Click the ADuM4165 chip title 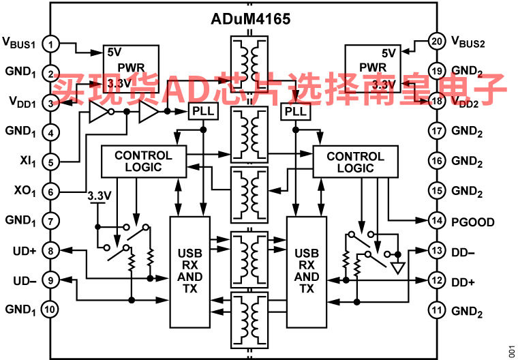click(x=250, y=19)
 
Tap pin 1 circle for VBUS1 click(x=50, y=44)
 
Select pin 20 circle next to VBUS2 click(x=437, y=42)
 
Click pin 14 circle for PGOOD click(x=437, y=221)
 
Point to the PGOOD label click(x=473, y=222)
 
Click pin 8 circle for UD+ click(x=50, y=251)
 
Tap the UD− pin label click(x=25, y=281)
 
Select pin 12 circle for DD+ click(x=437, y=281)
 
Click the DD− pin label click(x=463, y=252)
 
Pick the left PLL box click(x=203, y=111)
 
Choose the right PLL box click(x=296, y=111)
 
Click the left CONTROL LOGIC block click(x=144, y=162)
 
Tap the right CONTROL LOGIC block click(x=356, y=162)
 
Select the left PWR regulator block click(x=131, y=69)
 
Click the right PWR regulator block click(x=373, y=69)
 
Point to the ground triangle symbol click(x=398, y=268)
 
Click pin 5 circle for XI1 click(x=50, y=162)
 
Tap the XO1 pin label click(x=25, y=192)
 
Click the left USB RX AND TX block click(x=190, y=272)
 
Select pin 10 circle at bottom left click(x=50, y=310)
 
